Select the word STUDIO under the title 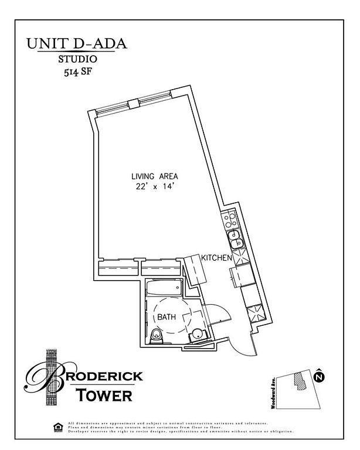point(77,59)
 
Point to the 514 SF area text point(77,73)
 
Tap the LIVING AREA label point(154,176)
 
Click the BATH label point(167,317)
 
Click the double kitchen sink point(236,242)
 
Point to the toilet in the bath point(157,336)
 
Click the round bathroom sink point(198,335)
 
